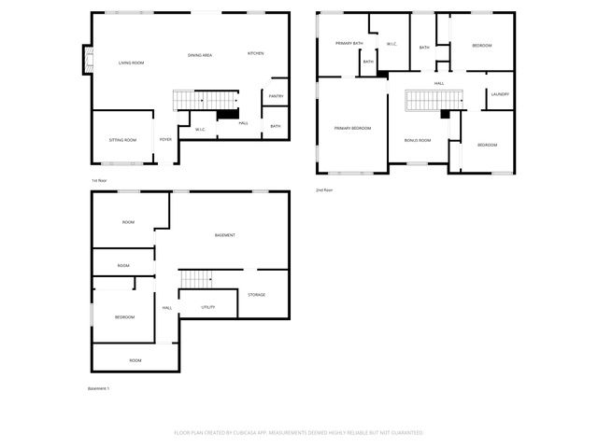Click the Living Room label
coord(131,63)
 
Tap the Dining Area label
coord(200,55)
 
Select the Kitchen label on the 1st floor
coord(256,53)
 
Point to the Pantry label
coord(276,96)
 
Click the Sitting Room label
coord(122,140)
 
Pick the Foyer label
coord(165,140)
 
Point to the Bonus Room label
coord(418,140)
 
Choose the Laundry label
coord(500,94)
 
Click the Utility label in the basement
coord(208,306)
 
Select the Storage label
coord(256,295)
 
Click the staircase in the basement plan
coord(197,278)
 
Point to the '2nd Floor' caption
coord(324,189)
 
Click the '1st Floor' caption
coord(99,179)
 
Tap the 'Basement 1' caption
coord(98,388)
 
